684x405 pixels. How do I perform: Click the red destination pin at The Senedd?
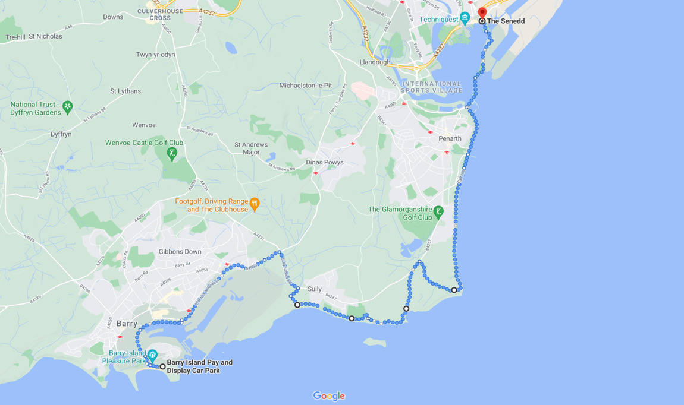[482, 12]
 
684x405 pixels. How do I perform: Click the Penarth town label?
[450, 138]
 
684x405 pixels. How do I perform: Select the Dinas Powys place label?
[324, 162]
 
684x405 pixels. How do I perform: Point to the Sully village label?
[315, 289]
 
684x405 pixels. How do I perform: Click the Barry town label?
[127, 324]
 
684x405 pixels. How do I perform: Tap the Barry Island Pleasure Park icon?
[152, 355]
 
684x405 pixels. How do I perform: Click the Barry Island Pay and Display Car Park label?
[199, 366]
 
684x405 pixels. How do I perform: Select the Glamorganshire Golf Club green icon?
[438, 211]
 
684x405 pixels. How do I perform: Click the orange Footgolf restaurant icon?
[255, 204]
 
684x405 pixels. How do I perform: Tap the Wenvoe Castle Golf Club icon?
[172, 154]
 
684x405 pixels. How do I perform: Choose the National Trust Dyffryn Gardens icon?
[68, 107]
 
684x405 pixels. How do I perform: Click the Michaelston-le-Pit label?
[305, 86]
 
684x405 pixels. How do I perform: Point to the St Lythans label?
[125, 91]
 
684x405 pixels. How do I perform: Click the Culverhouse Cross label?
[160, 14]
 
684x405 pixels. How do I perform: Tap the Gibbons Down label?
[180, 252]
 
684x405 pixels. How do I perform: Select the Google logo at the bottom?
[328, 396]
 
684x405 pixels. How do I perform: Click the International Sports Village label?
[431, 87]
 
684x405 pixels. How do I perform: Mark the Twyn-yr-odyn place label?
[155, 55]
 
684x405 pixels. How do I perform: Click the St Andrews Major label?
[251, 148]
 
